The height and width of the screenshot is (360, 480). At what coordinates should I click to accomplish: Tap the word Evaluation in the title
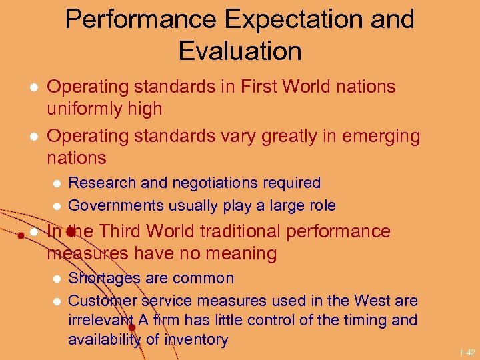(x=240, y=51)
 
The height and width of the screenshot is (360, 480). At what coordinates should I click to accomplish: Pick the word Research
(x=99, y=183)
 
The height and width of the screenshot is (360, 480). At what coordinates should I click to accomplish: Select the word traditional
(x=233, y=231)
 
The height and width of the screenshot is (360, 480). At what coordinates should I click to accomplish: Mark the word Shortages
(x=104, y=278)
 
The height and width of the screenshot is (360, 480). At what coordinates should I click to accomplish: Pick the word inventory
(x=195, y=339)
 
